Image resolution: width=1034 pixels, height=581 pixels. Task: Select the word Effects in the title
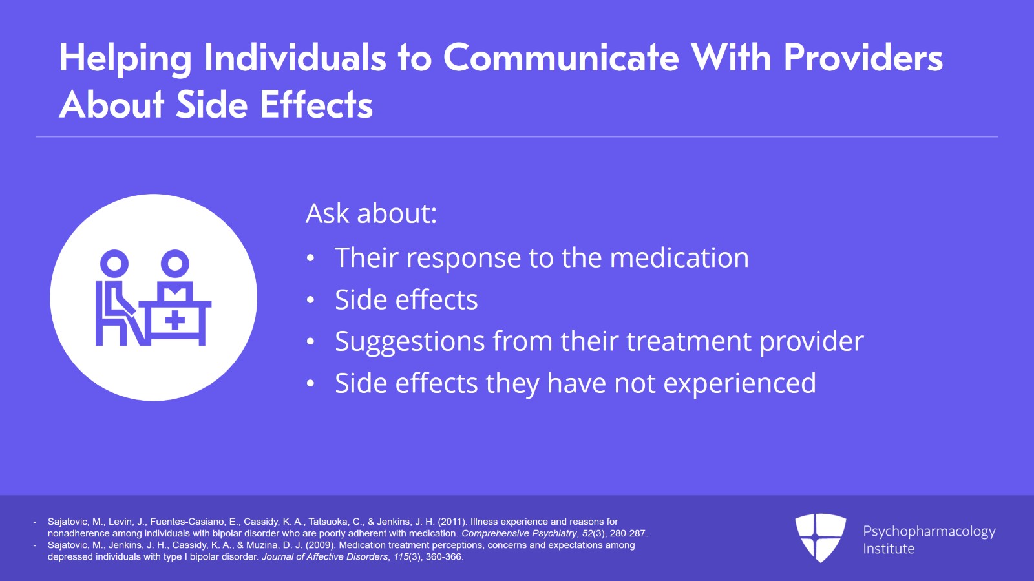pyautogui.click(x=316, y=104)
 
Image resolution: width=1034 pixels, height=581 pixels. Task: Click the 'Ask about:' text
pyautogui.click(x=371, y=213)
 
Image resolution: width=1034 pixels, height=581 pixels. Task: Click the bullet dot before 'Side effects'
pyautogui.click(x=310, y=300)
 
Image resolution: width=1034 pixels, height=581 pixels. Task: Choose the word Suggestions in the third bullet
pyautogui.click(x=410, y=342)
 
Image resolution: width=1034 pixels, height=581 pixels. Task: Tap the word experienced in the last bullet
pyautogui.click(x=739, y=383)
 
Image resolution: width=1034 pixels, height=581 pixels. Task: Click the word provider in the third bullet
pyautogui.click(x=812, y=342)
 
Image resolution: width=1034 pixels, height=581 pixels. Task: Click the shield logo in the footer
pyautogui.click(x=820, y=538)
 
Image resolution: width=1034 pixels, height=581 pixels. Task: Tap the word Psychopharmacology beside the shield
pyautogui.click(x=929, y=532)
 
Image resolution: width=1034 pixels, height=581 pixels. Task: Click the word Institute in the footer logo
pyautogui.click(x=889, y=549)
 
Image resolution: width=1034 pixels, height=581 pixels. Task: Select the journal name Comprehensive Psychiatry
pyautogui.click(x=519, y=533)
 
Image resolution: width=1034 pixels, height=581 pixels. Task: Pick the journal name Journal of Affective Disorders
pyautogui.click(x=324, y=557)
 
